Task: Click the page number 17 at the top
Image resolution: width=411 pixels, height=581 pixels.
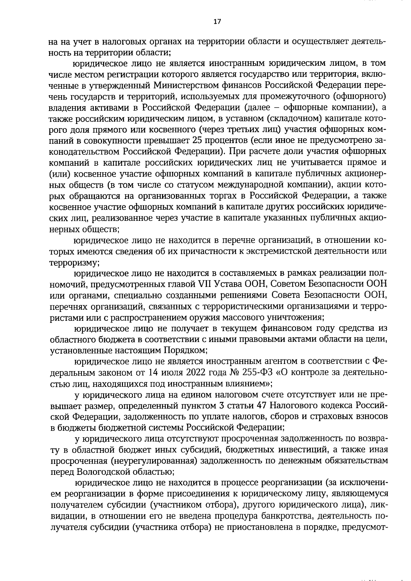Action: click(217, 22)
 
